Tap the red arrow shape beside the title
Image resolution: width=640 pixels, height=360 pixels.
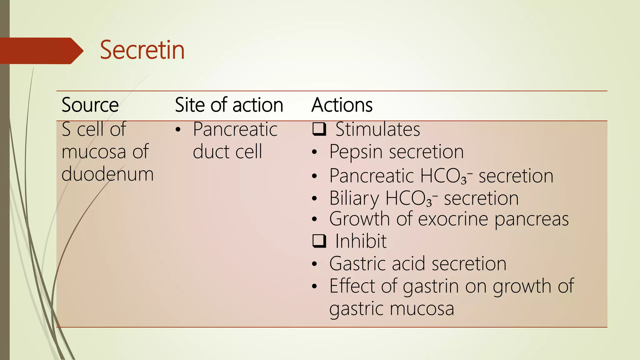(41, 51)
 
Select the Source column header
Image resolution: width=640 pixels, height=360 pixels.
(90, 105)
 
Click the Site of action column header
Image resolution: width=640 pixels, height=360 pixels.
(229, 105)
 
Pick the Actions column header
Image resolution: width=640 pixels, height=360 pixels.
(342, 105)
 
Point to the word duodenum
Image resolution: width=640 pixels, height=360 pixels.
(107, 174)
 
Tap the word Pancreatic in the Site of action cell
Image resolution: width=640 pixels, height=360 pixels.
(235, 129)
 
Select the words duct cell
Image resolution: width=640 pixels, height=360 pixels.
(227, 152)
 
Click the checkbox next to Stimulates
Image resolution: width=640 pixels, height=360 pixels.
(319, 129)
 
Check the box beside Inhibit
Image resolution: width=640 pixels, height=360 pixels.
(319, 241)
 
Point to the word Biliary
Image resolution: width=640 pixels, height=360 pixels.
(354, 198)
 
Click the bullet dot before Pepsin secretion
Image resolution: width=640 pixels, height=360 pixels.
(314, 152)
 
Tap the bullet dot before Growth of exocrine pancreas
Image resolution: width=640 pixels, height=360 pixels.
(314, 219)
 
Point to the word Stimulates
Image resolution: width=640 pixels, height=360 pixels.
(377, 129)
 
